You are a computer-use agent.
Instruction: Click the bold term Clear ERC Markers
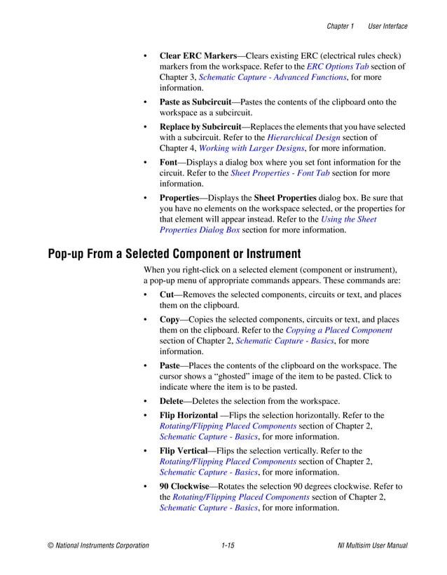click(x=198, y=55)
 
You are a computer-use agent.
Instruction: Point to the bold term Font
click(x=168, y=163)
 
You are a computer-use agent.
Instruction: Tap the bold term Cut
click(x=167, y=295)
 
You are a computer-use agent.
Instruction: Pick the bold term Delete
click(x=172, y=401)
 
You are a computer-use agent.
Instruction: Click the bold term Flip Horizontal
click(x=188, y=416)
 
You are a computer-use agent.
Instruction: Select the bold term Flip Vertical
click(x=183, y=451)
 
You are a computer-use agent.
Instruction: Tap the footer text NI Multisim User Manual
click(x=372, y=546)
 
